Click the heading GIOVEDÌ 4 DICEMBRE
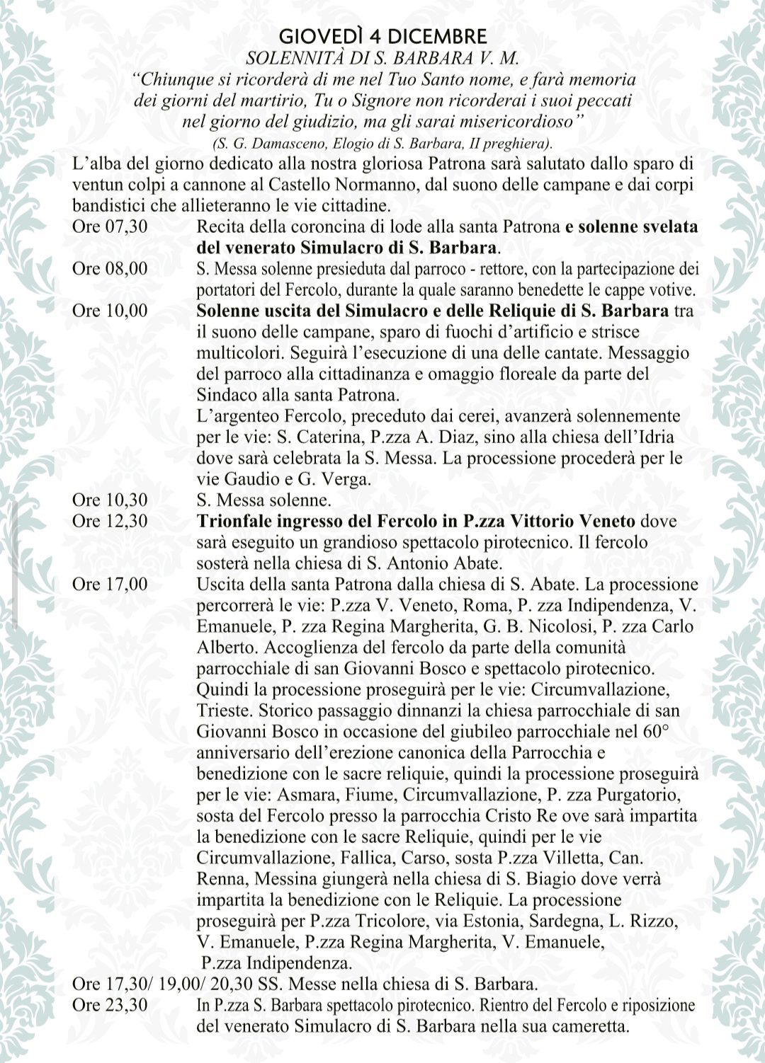coord(382,36)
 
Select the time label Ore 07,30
coord(110,227)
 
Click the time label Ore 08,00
coord(110,270)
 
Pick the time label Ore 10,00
coord(110,311)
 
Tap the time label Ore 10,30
coord(110,500)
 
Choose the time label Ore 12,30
coord(110,522)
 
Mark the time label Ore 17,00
coord(110,585)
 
